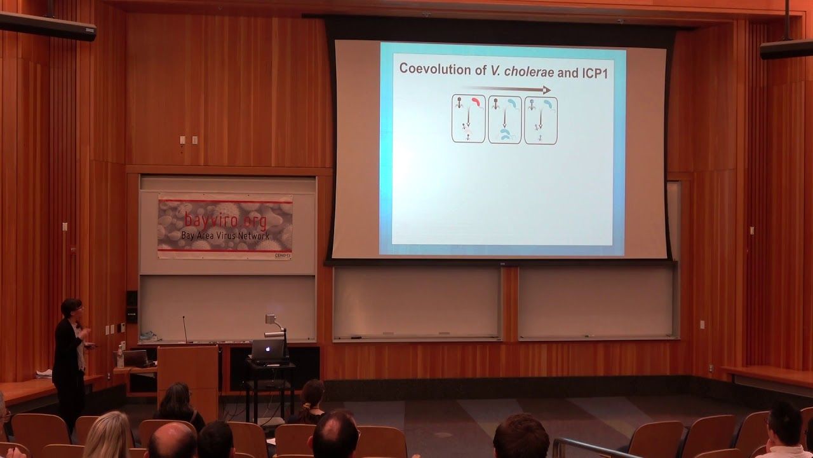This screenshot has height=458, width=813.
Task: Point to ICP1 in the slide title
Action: pyautogui.click(x=595, y=72)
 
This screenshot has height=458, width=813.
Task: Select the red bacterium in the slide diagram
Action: pyautogui.click(x=476, y=102)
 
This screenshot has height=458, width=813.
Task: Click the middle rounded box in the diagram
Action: pyautogui.click(x=504, y=120)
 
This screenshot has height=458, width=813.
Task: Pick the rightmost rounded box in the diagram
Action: pyautogui.click(x=541, y=120)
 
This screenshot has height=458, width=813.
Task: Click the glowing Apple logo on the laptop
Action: pyautogui.click(x=267, y=349)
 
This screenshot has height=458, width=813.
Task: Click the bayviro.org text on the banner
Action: pyautogui.click(x=225, y=221)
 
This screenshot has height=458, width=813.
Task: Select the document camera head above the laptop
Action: pyautogui.click(x=271, y=319)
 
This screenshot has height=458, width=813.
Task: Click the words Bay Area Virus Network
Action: pyautogui.click(x=225, y=236)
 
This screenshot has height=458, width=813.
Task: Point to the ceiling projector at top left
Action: pyautogui.click(x=48, y=26)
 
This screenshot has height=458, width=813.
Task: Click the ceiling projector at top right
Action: pyautogui.click(x=786, y=49)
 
